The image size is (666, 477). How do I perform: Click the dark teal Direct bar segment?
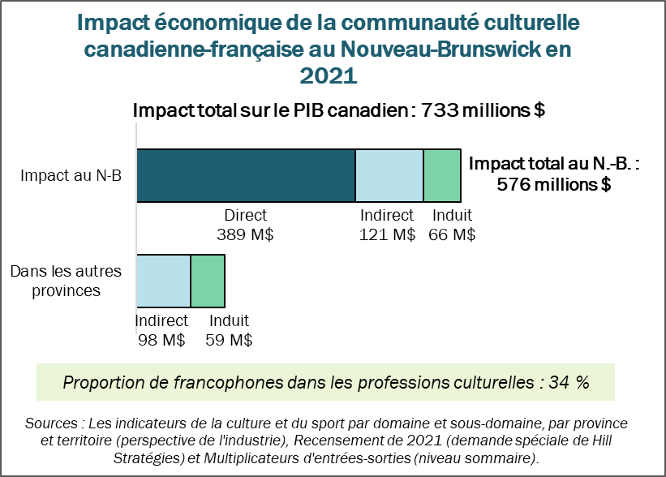coord(246,175)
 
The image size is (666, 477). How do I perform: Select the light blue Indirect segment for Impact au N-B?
coord(389,175)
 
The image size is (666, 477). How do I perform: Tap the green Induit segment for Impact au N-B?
coord(442,175)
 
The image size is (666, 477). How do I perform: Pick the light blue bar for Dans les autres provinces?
coord(164,280)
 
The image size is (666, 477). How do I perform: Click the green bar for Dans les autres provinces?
coord(208,280)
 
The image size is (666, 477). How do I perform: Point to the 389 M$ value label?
coord(245,235)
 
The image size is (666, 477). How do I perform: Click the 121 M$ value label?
coord(387,235)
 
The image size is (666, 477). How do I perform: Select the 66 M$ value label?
coord(452,235)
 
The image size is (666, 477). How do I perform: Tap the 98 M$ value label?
coord(161,340)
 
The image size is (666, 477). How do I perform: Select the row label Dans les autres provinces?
coord(67,280)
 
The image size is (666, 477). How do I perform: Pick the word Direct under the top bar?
coord(245,216)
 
